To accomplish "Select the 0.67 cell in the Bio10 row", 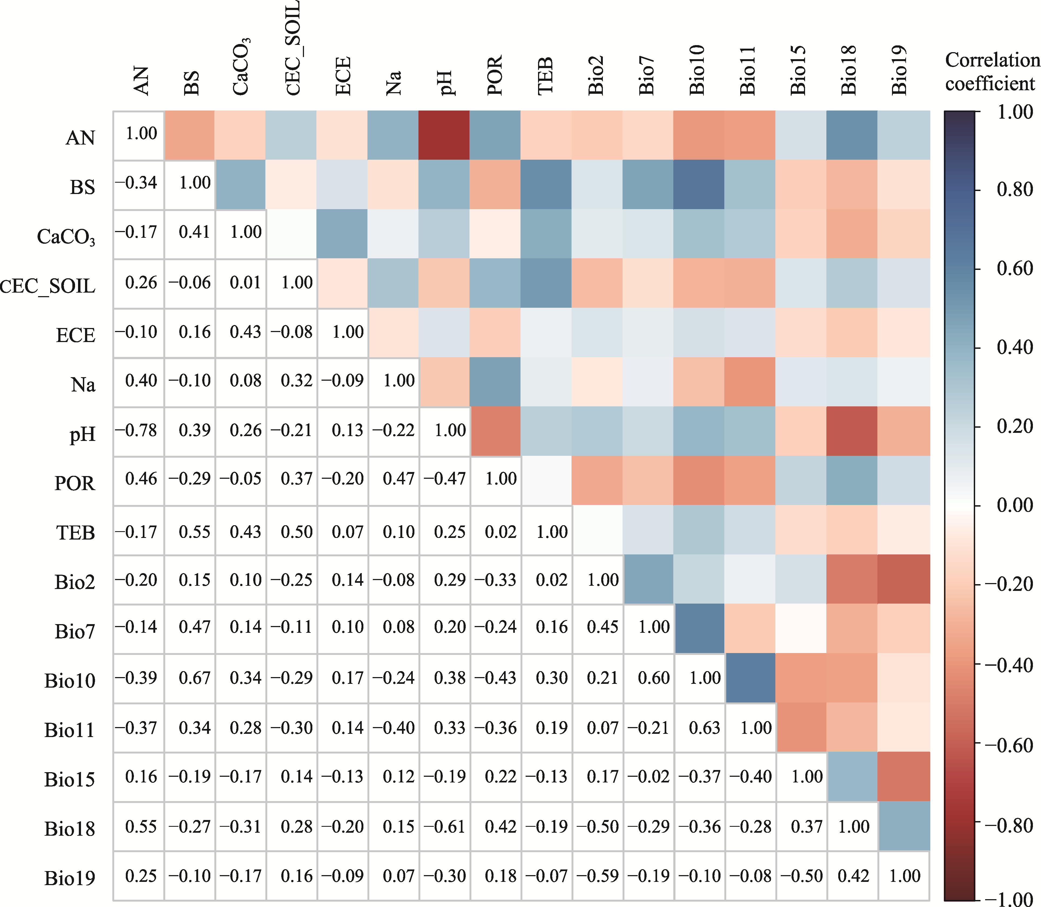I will pos(194,678).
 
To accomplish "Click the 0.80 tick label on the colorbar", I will pos(1014,189).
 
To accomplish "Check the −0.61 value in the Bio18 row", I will pos(444,826).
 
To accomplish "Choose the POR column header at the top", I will pos(495,75).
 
